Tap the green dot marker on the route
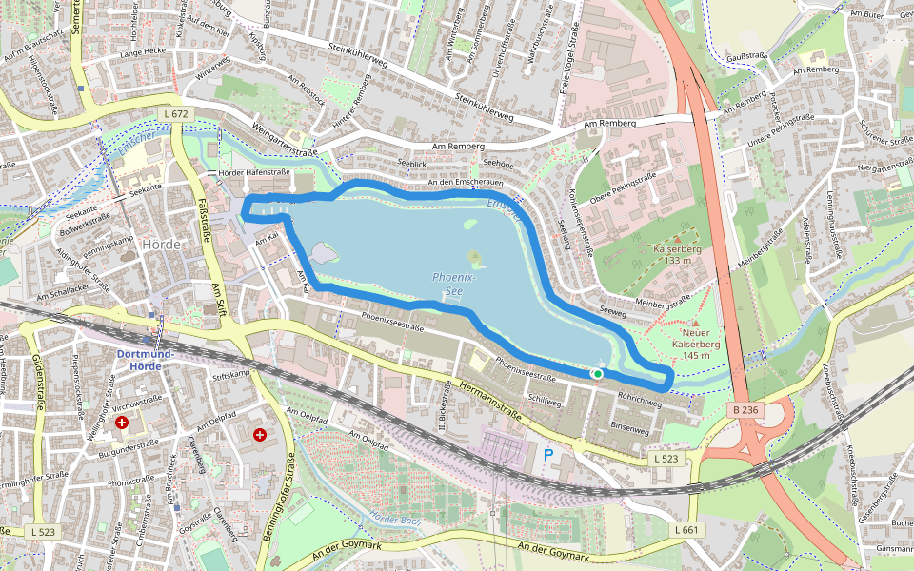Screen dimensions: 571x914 pyautogui.click(x=597, y=374)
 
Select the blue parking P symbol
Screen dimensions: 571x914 pyautogui.click(x=548, y=455)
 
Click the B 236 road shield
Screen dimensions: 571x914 pyautogui.click(x=747, y=410)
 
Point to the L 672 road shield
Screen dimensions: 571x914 pyautogui.click(x=177, y=114)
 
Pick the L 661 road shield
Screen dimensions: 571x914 pyautogui.click(x=686, y=529)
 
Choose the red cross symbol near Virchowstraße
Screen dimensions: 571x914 pyautogui.click(x=122, y=422)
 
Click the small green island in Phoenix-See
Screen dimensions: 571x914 pyautogui.click(x=474, y=257)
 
